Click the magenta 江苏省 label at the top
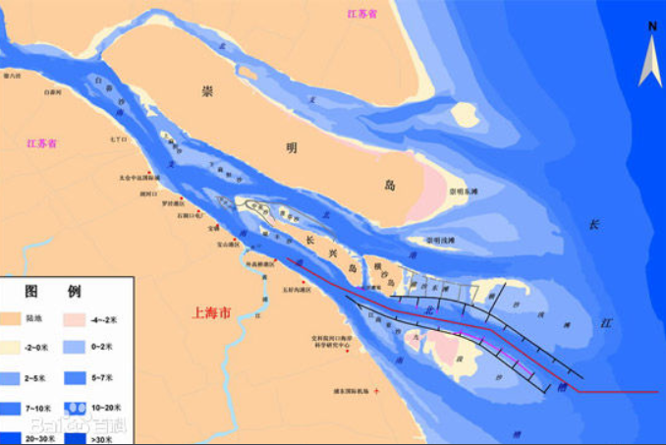coord(362,13)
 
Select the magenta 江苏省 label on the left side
coord(42,143)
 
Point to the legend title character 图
coord(32,292)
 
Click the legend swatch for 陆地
coord(16,318)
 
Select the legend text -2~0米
coord(41,348)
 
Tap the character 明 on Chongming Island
coord(291,147)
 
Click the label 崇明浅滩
coord(439,240)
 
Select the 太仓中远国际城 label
coord(139,178)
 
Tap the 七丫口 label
coord(119,139)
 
